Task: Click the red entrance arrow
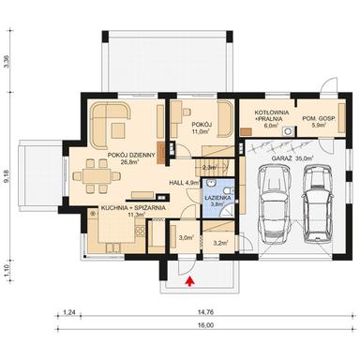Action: (191, 278)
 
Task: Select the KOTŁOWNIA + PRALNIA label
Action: (270, 120)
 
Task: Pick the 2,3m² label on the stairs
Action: (210, 167)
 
